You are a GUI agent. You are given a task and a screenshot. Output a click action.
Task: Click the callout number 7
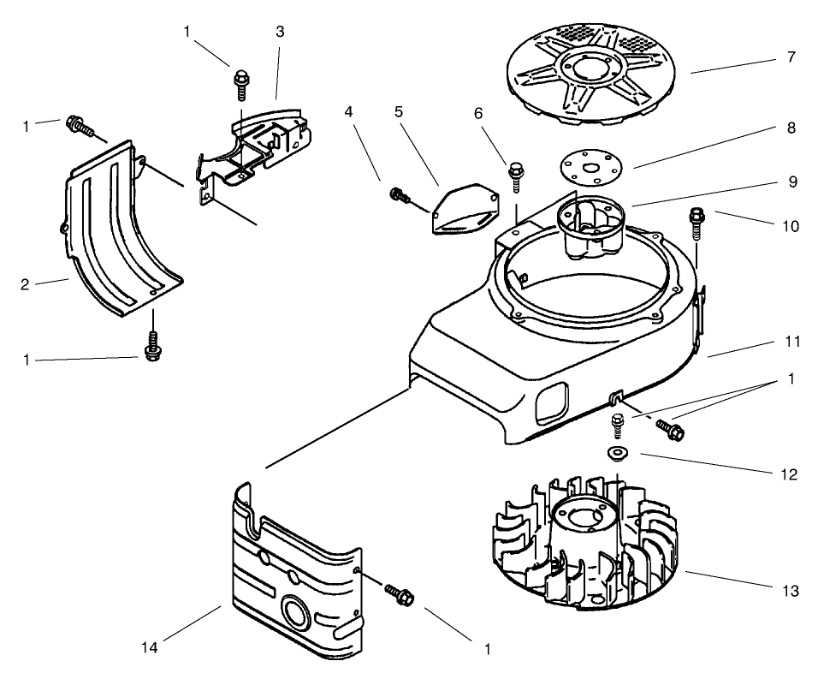791,57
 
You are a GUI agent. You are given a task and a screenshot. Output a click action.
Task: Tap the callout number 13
791,591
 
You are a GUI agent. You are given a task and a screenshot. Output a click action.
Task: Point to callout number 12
791,473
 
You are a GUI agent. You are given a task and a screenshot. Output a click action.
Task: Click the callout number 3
280,32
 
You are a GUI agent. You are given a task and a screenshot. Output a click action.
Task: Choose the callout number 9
791,182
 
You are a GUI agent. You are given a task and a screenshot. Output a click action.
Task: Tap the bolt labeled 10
696,225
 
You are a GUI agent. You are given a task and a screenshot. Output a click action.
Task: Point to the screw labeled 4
400,194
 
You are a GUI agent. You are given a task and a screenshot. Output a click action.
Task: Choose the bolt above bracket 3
240,84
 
